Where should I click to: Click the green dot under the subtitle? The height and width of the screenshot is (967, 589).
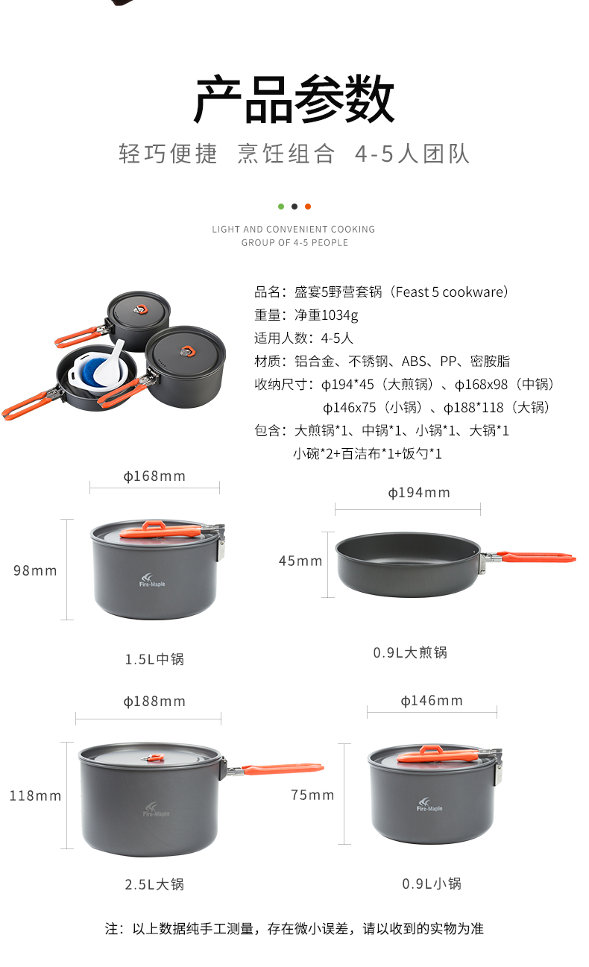pos(281,207)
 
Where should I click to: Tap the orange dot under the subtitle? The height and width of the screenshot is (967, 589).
pos(308,207)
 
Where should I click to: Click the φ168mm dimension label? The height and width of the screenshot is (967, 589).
pos(154,476)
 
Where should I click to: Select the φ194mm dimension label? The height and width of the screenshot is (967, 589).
pos(419,493)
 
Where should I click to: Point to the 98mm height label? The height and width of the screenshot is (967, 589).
pos(35,570)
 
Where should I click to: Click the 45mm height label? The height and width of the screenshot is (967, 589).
pos(300,561)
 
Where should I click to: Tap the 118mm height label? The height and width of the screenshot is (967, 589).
pos(35,796)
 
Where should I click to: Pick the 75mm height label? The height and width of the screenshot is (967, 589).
pos(312,795)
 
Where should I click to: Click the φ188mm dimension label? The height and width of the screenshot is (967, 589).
pos(154,702)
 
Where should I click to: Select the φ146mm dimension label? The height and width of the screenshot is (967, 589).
pos(432,701)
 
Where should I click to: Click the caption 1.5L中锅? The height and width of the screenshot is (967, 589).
pos(154,659)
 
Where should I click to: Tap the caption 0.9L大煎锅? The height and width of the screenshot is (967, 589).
pos(410,652)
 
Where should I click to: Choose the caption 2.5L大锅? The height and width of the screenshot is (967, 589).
pos(154,884)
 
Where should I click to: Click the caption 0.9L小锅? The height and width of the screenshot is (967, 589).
pos(432,883)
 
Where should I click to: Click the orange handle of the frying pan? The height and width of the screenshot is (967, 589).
pos(535,556)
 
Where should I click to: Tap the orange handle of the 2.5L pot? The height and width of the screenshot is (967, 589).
pos(283,769)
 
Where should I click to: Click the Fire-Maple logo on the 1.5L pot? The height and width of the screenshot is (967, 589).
pos(151,580)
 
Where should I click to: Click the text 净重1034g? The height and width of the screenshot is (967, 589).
pos(326,315)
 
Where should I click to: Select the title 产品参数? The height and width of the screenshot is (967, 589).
pos(294,99)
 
